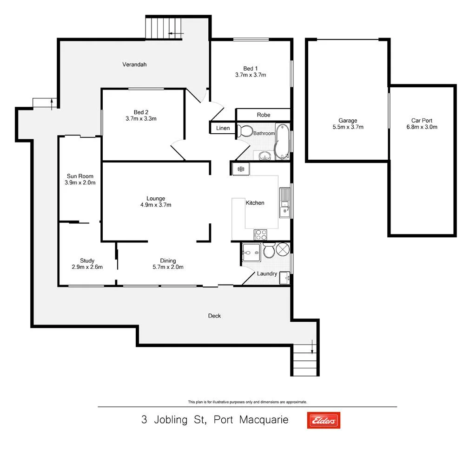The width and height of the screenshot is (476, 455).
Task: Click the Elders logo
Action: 324,420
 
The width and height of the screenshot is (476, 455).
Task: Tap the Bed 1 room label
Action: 250,68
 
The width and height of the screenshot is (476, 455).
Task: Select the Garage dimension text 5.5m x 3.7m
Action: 348,127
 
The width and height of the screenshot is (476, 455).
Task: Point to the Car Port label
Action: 422,120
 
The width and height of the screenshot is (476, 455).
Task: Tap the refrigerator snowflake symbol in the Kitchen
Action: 241,169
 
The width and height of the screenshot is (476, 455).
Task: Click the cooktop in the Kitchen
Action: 260,234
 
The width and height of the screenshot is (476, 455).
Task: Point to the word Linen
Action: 223,128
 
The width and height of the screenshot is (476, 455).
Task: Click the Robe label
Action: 264,115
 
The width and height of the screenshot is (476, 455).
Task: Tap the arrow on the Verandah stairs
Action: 176,33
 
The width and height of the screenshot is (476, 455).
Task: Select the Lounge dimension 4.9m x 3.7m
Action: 155,205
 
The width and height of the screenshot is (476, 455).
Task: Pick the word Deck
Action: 214,316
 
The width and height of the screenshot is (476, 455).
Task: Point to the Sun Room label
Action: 80,176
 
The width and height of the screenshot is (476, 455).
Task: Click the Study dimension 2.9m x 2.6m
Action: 87,267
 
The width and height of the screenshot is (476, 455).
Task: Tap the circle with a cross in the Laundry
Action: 283,249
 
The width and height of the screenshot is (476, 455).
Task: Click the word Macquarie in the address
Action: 264,420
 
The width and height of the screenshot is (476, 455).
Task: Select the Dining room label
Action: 168,260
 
